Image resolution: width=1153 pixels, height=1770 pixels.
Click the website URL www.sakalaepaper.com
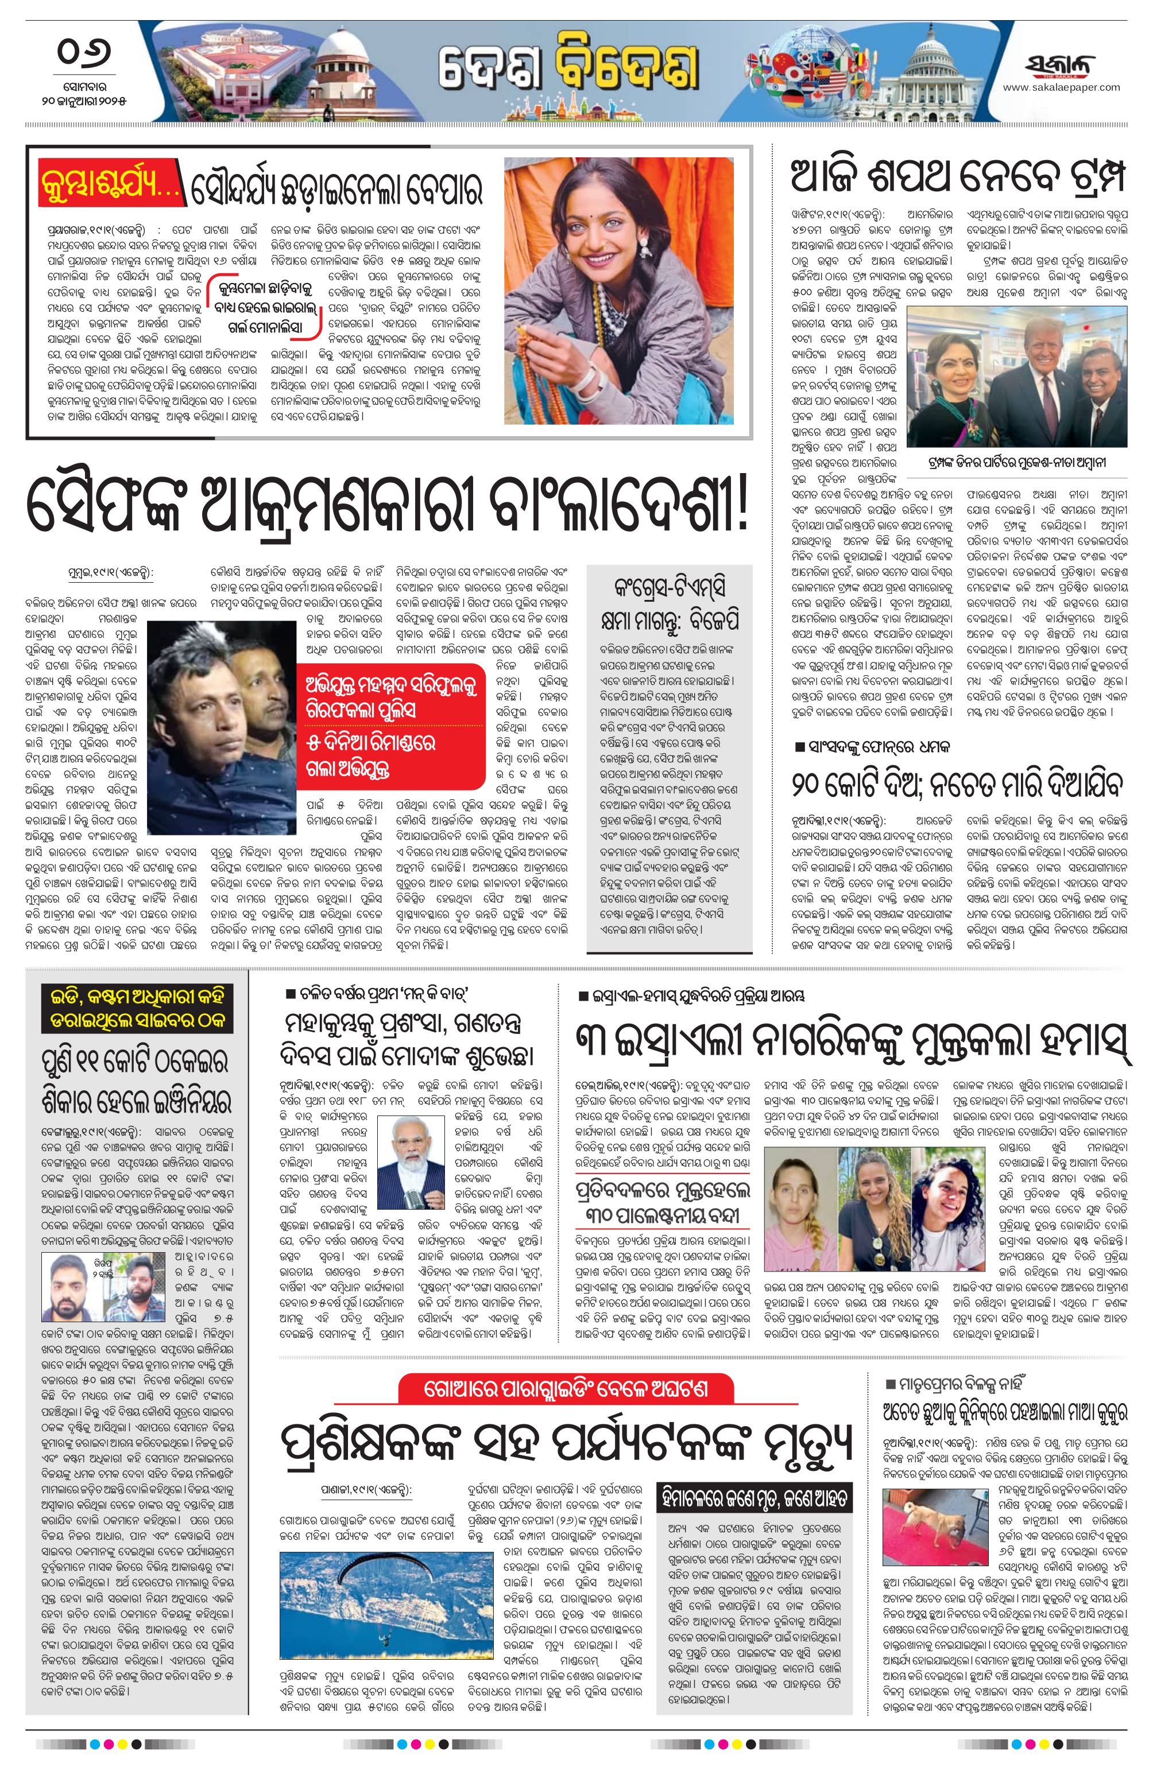1061,88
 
